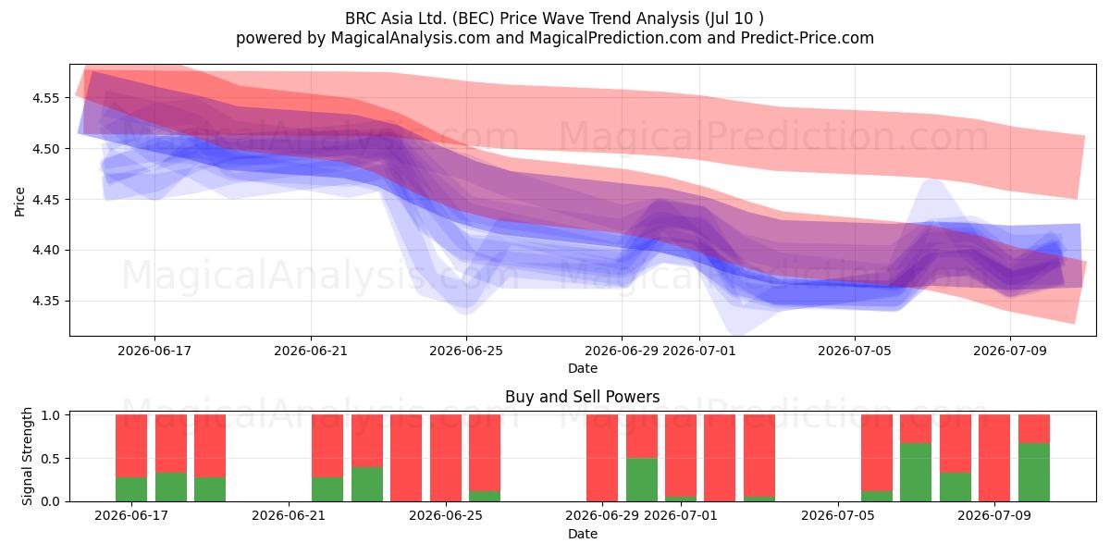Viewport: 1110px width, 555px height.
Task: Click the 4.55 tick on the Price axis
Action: tap(45, 98)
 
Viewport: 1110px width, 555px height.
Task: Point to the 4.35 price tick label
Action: tap(45, 302)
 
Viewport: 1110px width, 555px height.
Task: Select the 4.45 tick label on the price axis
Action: tap(45, 200)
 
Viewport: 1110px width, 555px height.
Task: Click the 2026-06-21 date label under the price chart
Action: tap(311, 351)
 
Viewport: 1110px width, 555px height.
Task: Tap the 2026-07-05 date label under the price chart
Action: tap(855, 351)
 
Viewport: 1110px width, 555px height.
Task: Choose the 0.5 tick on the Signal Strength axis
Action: tap(50, 459)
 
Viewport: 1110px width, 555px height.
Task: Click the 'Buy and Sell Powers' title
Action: tap(582, 397)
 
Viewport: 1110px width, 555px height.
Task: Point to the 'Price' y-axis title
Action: tap(19, 202)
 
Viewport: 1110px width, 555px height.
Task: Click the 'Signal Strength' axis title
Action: tap(27, 456)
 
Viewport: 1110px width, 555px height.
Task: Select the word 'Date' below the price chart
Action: tap(582, 368)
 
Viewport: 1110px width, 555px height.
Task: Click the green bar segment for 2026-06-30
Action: tap(642, 480)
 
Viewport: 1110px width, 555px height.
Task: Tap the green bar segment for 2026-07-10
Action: tap(1034, 473)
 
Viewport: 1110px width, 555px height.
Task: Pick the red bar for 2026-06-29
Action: tap(602, 458)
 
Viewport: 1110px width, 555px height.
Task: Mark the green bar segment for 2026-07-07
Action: tap(916, 473)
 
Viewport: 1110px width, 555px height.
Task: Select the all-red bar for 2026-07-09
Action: tap(994, 458)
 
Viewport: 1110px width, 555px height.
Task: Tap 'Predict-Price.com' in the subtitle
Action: tap(808, 38)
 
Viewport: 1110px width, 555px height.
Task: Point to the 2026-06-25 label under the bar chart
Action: tap(446, 515)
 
